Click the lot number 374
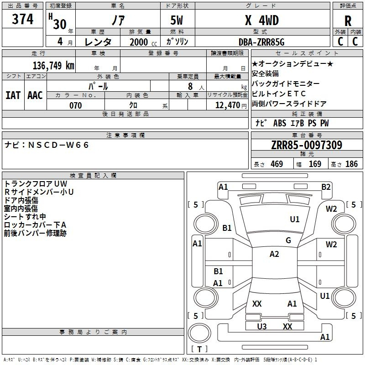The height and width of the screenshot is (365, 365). point(22,19)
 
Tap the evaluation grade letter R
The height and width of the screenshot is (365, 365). point(348,21)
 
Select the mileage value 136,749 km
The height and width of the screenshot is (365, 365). point(53,66)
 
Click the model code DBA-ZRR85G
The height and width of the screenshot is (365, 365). point(261,42)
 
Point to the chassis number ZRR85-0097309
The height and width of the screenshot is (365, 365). point(307,145)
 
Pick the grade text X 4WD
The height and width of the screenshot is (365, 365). point(262,21)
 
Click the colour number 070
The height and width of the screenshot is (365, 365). point(76,105)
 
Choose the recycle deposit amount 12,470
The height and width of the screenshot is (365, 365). point(228,105)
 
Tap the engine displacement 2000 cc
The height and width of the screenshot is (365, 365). point(143,42)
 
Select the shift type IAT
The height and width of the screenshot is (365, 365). point(13,95)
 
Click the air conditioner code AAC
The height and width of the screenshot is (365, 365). point(35,95)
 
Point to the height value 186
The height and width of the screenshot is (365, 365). point(351,164)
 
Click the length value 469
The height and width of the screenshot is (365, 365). point(277,164)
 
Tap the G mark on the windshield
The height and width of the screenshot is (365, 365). point(288,240)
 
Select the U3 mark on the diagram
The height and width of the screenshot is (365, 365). point(262,327)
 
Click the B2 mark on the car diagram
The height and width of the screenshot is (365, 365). point(326,187)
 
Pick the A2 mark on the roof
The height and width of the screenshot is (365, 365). point(274,254)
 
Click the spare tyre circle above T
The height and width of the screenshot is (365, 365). point(199,333)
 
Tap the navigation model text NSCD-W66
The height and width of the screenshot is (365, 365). point(58,145)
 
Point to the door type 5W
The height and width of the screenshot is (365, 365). point(177,21)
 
